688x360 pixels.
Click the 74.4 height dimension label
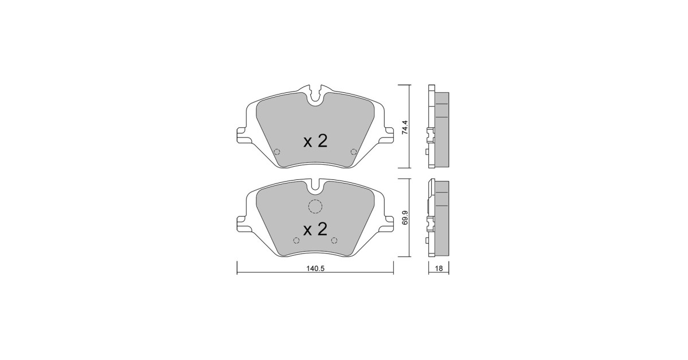coord(405,127)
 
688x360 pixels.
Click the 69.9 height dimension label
coord(405,217)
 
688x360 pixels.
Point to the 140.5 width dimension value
coord(315,268)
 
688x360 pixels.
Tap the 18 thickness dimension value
coord(439,268)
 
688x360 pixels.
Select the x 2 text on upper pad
coord(315,142)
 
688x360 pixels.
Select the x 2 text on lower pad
coord(315,229)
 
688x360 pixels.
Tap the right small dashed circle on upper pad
coord(354,152)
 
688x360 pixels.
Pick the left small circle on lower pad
coord(296,240)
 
